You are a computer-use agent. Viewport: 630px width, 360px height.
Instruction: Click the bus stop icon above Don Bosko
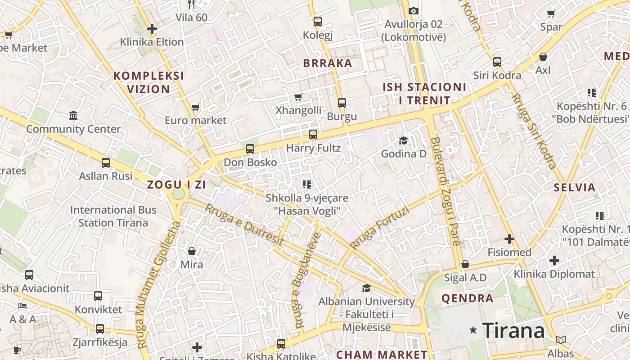coord(250,148)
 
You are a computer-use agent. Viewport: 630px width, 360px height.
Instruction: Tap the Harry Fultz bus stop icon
coord(313,134)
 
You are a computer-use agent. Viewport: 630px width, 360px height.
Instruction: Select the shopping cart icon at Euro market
coord(195,107)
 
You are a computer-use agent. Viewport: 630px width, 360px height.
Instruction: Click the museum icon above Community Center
coord(73,115)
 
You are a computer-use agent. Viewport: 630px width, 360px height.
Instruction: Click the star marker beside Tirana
coord(473,330)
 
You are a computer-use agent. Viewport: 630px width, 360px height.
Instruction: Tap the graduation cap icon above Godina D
coord(403,140)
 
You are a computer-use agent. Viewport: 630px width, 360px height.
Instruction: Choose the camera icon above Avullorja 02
coord(413,11)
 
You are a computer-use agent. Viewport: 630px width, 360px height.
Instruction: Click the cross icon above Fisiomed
coord(509,238)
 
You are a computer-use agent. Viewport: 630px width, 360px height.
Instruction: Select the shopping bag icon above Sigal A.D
coord(465,264)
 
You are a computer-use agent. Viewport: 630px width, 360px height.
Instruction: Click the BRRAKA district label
coord(328,63)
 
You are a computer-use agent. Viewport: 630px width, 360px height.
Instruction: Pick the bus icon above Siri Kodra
coord(497,62)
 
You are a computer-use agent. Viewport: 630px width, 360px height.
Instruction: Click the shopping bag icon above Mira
coord(192,251)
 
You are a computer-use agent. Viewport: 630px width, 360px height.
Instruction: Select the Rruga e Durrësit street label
coord(244,225)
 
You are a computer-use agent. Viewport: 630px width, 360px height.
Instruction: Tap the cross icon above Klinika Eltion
coord(152,29)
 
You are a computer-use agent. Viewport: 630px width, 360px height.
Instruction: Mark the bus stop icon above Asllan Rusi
coord(106,162)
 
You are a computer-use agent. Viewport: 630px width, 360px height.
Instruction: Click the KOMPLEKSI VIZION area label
coord(148,82)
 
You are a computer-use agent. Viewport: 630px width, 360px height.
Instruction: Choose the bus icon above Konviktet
coord(98,296)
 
